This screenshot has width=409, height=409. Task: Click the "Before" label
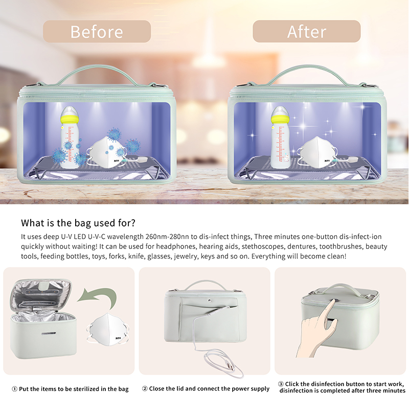97,32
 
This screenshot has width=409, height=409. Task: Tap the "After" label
307,32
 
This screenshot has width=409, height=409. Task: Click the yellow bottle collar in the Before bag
70,120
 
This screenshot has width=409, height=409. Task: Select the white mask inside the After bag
317,152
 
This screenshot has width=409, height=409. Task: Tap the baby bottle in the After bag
280,137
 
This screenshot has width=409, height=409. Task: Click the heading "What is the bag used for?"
78,223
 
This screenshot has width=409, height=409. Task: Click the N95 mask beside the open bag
108,329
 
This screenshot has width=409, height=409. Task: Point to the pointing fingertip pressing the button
333,301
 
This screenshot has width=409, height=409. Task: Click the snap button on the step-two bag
210,301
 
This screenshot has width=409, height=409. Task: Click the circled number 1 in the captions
15,389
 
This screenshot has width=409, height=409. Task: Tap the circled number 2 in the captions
145,389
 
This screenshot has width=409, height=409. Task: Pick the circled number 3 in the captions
281,384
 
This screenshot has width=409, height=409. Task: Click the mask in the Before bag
106,152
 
